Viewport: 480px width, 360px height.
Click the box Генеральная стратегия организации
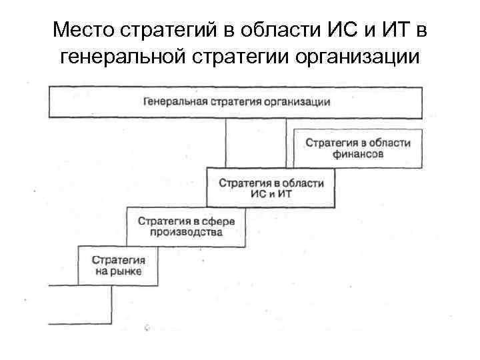pyautogui.click(x=235, y=102)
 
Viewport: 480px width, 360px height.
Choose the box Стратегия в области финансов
pyautogui.click(x=357, y=148)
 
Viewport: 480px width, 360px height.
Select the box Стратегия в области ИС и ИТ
pyautogui.click(x=271, y=188)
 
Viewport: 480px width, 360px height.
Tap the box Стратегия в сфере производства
pyautogui.click(x=186, y=227)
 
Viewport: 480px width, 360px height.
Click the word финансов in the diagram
pyautogui.click(x=358, y=154)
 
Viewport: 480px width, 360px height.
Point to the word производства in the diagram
pyautogui.click(x=187, y=233)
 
